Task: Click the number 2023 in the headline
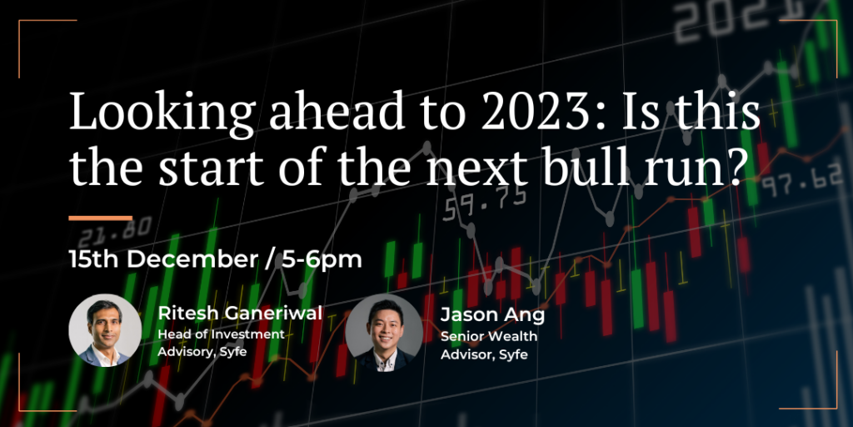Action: click(535, 113)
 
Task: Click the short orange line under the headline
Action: click(100, 219)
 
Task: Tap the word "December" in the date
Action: click(191, 260)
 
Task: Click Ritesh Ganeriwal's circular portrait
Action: click(105, 330)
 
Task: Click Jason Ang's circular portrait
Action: click(384, 333)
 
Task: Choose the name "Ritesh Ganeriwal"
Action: click(240, 314)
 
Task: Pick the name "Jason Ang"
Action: click(492, 315)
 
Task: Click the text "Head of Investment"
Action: click(222, 334)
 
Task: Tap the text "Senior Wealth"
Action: click(488, 337)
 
